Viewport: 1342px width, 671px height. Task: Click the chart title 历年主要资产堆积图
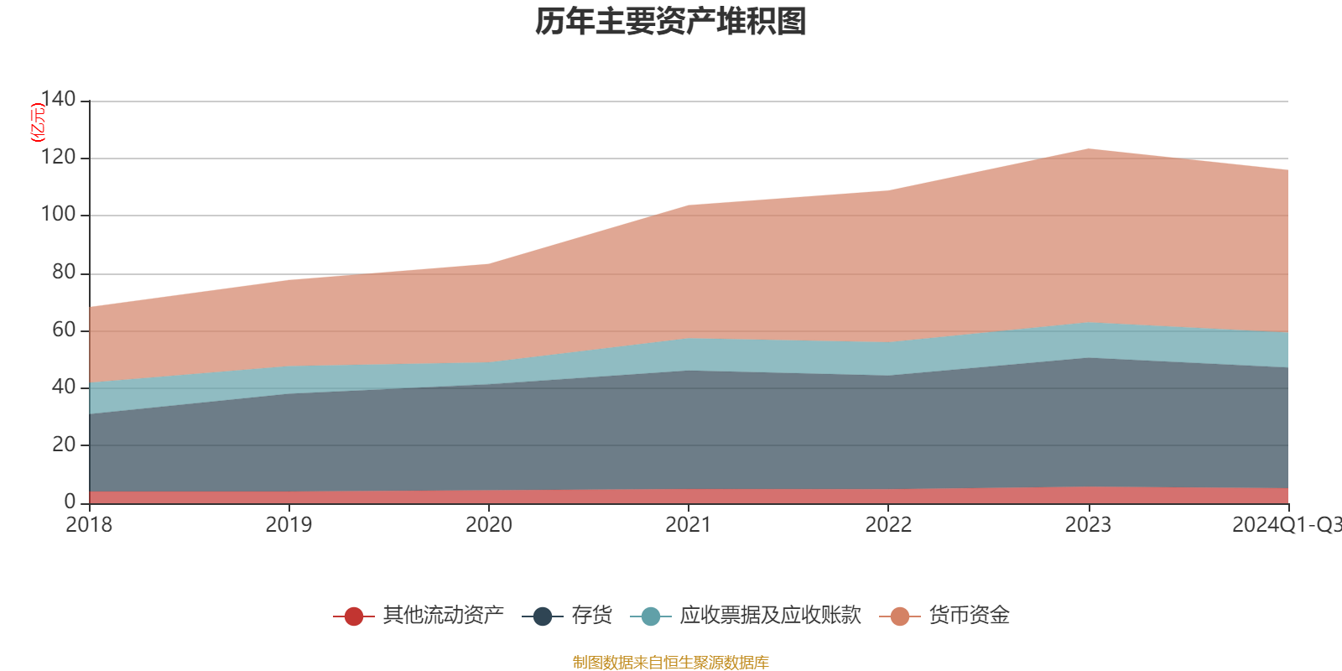[x=671, y=22]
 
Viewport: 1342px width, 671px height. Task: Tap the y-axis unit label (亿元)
[x=38, y=122]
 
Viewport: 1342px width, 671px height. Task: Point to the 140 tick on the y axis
[x=58, y=100]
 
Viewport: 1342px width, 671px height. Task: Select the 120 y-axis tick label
[x=58, y=158]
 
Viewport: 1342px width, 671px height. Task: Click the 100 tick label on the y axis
[x=58, y=215]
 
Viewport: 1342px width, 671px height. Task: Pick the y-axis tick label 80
[x=64, y=273]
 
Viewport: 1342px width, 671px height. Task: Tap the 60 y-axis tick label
[x=64, y=330]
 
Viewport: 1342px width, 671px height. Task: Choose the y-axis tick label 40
[x=64, y=387]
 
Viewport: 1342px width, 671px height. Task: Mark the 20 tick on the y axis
[x=64, y=445]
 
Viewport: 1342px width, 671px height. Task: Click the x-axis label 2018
[x=89, y=525]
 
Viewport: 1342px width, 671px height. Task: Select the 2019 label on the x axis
[x=289, y=525]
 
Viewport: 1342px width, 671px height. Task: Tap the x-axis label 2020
[x=489, y=525]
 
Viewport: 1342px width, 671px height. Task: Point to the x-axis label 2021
[x=689, y=525]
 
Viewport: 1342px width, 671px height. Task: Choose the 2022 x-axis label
[x=888, y=525]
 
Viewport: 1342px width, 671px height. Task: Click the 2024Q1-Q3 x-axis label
[x=1286, y=525]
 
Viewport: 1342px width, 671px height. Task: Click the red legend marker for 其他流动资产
[x=354, y=616]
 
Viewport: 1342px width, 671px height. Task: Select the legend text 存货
[x=591, y=616]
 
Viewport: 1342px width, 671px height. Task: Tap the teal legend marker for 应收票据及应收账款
[x=651, y=616]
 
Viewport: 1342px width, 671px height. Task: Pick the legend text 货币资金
[x=969, y=616]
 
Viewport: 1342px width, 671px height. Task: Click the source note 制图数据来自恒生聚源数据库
[x=671, y=663]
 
